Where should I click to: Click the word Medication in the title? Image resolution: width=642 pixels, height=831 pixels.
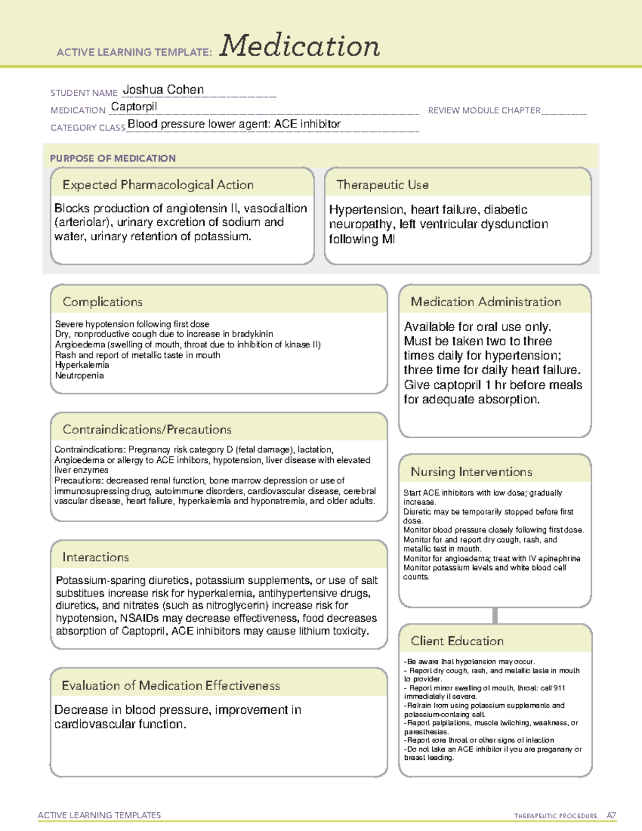(x=300, y=46)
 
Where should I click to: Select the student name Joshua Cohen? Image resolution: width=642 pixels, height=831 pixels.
(x=163, y=90)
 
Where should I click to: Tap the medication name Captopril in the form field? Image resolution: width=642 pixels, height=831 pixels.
(x=134, y=106)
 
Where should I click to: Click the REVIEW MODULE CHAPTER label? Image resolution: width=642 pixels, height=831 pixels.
(x=484, y=110)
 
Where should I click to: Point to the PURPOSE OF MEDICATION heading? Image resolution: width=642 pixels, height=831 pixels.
(x=112, y=158)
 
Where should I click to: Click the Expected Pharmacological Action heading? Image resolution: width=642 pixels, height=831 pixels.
(x=158, y=185)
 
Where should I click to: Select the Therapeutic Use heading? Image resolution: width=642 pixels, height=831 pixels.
(x=382, y=185)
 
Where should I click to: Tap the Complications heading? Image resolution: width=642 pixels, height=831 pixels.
(x=102, y=302)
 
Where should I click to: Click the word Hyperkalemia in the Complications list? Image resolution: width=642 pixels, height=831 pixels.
(x=82, y=365)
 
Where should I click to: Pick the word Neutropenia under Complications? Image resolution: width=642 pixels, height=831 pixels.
(x=79, y=376)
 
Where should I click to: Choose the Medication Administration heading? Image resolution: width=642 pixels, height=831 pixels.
(x=485, y=302)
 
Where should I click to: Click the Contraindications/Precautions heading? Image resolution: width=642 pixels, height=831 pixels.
(x=147, y=430)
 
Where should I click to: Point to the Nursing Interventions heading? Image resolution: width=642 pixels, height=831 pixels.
(x=471, y=472)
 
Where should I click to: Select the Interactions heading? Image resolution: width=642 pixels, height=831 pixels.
(x=95, y=558)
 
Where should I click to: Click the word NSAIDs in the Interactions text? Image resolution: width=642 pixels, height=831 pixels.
(x=139, y=618)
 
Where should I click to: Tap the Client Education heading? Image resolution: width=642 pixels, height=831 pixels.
(x=457, y=641)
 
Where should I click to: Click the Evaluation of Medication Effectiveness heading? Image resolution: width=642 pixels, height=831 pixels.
(x=171, y=685)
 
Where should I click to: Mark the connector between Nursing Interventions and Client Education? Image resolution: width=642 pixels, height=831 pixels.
(x=495, y=615)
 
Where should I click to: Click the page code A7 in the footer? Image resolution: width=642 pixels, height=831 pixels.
(x=610, y=815)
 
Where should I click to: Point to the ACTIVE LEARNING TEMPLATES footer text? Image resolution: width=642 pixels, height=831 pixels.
(x=100, y=815)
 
